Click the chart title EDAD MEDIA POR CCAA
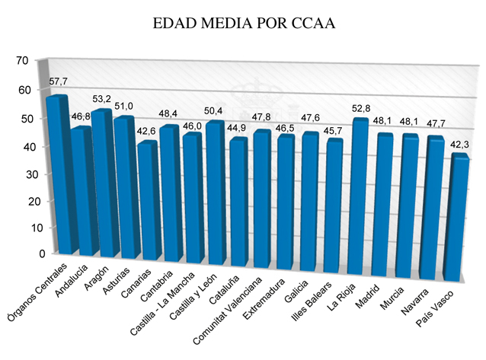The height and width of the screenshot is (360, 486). [x=244, y=24]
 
